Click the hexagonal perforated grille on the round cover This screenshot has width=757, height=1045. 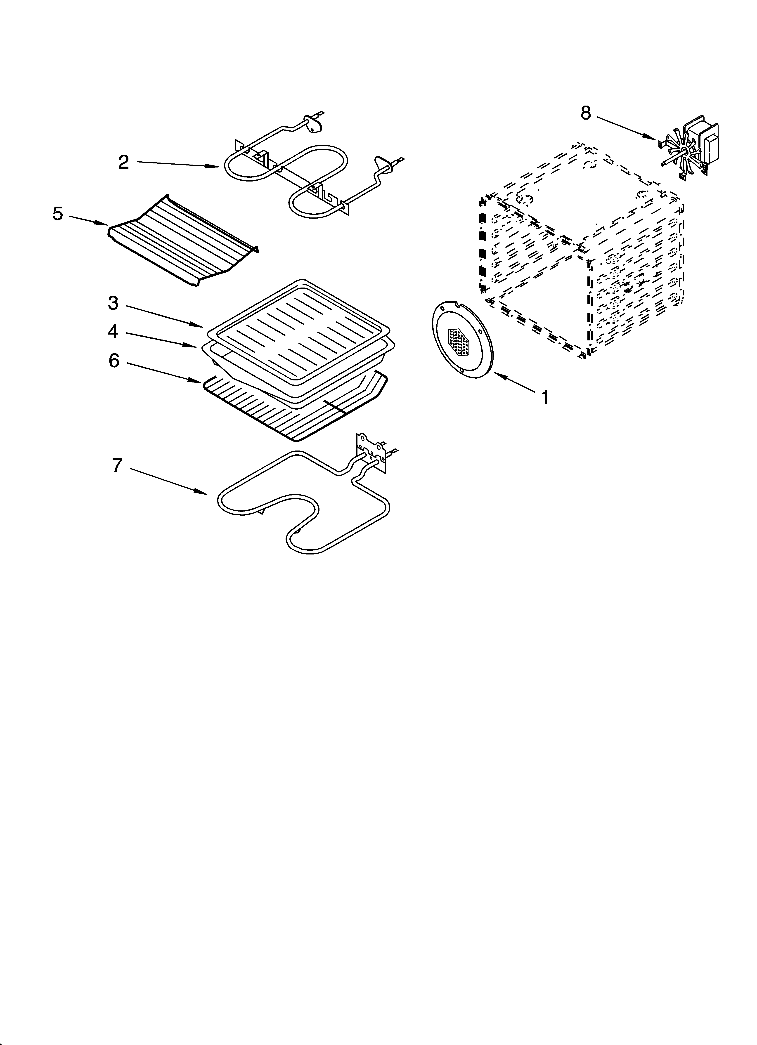(462, 342)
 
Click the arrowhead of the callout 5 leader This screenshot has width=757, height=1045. (105, 224)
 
